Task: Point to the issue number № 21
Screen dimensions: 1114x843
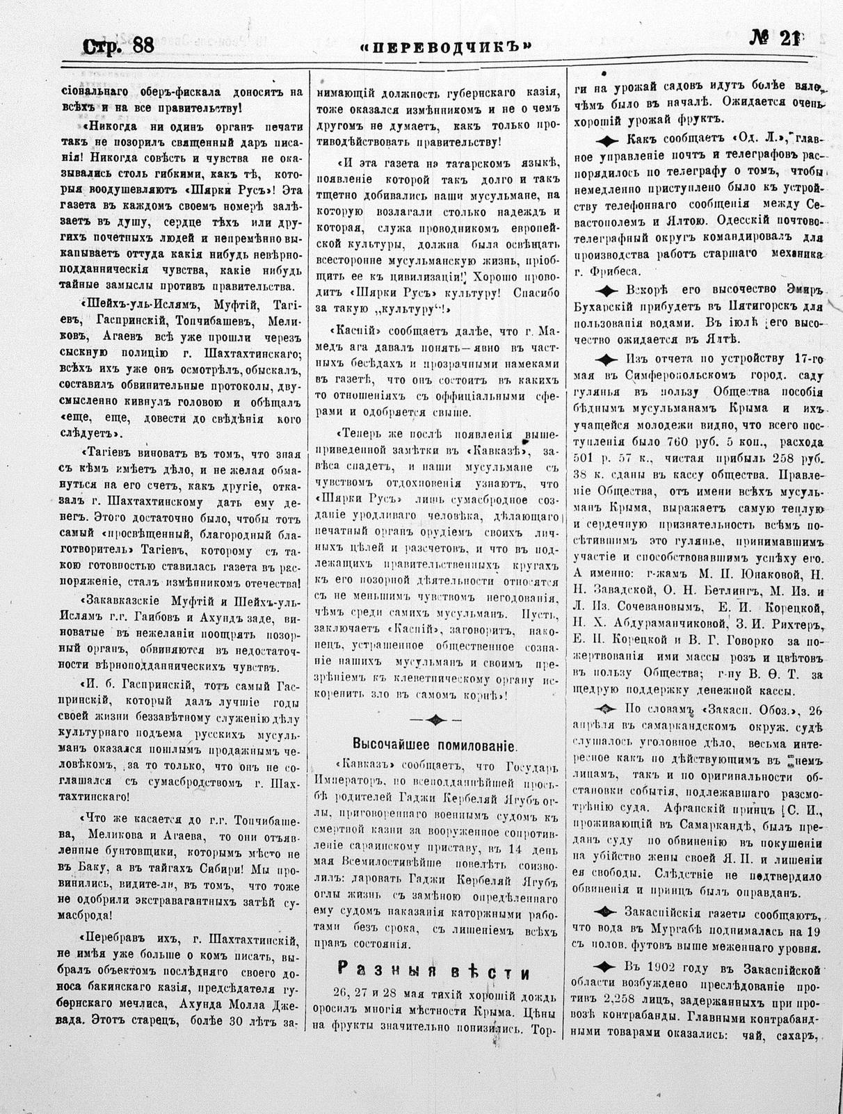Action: click(x=774, y=39)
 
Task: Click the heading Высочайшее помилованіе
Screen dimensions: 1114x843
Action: click(x=435, y=745)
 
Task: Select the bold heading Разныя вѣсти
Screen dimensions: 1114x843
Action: click(x=433, y=972)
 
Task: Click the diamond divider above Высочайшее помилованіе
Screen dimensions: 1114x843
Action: click(x=435, y=719)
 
